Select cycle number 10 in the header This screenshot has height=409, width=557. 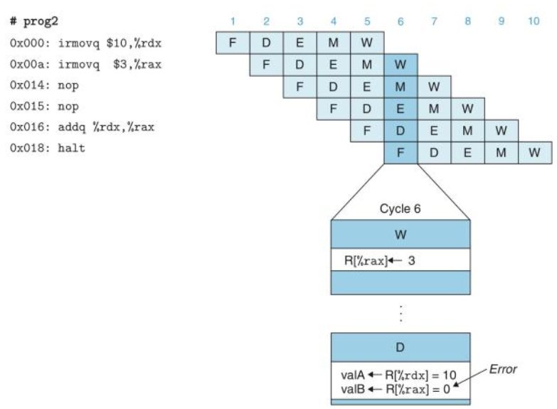(534, 21)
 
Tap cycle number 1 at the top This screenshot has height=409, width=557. (232, 21)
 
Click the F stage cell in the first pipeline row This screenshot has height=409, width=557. (232, 43)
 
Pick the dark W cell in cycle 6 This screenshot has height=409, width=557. (400, 65)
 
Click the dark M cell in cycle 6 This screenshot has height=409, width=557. (400, 87)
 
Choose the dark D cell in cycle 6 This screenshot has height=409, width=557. (400, 131)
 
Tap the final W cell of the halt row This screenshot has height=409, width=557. (534, 153)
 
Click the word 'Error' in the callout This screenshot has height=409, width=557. (504, 370)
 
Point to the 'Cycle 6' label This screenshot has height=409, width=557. (400, 208)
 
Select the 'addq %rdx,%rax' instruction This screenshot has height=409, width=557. (107, 127)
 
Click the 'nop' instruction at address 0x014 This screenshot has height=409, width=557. (70, 85)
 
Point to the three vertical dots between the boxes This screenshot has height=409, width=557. (400, 312)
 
